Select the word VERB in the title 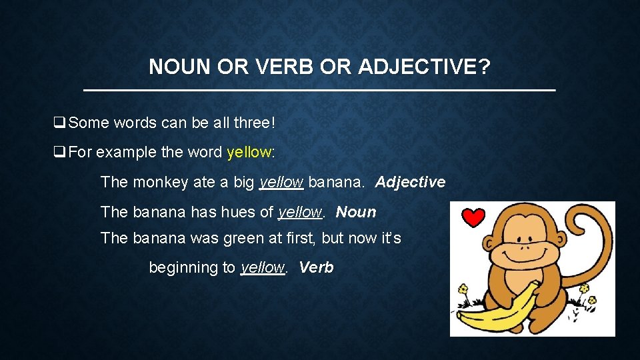pyautogui.click(x=282, y=67)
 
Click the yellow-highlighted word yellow pyautogui.click(x=249, y=152)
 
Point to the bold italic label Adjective pyautogui.click(x=410, y=182)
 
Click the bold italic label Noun pyautogui.click(x=356, y=212)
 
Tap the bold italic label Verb pyautogui.click(x=316, y=267)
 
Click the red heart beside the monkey pyautogui.click(x=474, y=217)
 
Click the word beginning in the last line pyautogui.click(x=183, y=267)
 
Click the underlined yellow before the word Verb pyautogui.click(x=262, y=267)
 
